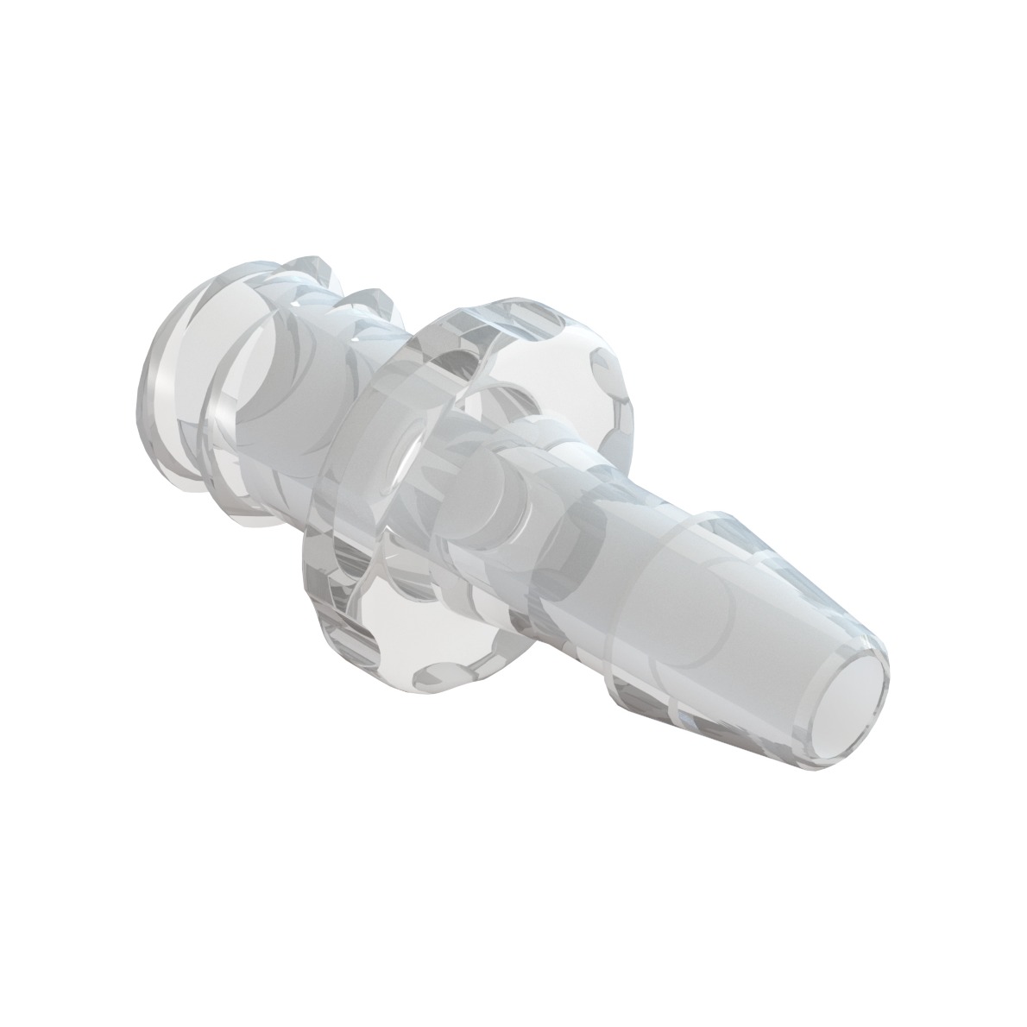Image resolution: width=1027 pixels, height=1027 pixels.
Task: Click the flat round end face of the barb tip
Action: (839, 703)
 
